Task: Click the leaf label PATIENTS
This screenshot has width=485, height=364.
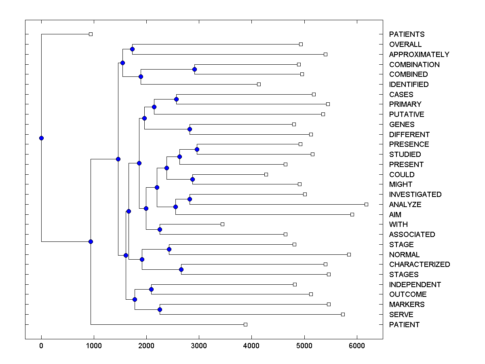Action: pos(407,34)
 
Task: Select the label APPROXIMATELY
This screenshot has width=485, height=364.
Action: pos(419,55)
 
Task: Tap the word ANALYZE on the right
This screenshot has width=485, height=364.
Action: pos(405,205)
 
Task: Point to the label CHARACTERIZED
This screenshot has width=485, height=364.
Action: pos(419,265)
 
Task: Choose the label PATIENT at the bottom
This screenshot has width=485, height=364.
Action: pos(404,325)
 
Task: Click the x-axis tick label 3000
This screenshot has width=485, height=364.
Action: pos(199,346)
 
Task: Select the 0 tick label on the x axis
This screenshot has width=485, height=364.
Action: pos(41,346)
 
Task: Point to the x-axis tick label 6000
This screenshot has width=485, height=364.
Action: pos(357,346)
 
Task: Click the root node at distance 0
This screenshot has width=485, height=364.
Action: pos(41,138)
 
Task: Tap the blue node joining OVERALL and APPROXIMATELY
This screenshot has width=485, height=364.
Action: pos(132,49)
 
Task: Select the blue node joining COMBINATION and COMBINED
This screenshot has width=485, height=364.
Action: pos(194,69)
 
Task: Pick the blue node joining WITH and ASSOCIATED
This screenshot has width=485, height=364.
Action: pos(160,229)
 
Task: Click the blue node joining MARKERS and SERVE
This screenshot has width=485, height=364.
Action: pos(160,309)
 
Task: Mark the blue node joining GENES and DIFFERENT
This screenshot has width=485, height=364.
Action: pos(190,129)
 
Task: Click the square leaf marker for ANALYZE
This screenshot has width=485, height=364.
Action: pos(366,204)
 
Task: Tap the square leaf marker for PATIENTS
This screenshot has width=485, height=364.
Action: pos(91,34)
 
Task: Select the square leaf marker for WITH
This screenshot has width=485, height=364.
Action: pos(222,224)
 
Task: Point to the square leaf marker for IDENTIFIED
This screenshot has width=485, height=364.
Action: pos(259,84)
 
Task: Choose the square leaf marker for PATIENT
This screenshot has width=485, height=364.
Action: pos(245,324)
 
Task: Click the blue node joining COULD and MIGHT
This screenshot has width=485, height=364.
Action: pos(193,179)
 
